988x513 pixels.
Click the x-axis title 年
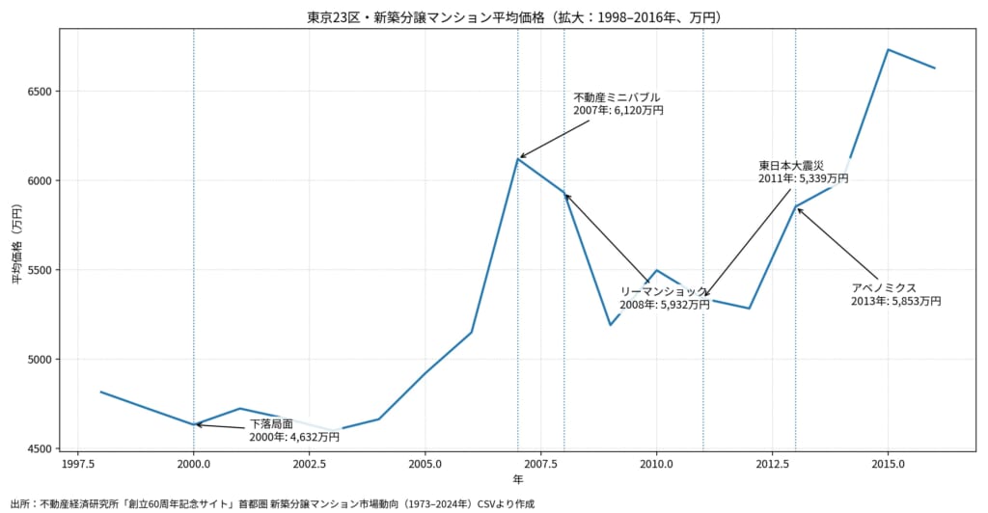[x=518, y=479]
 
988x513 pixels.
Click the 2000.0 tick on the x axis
[x=194, y=462]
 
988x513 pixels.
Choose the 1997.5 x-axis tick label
[x=78, y=462]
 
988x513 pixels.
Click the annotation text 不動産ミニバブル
[x=617, y=97]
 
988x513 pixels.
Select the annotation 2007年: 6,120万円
[x=618, y=111]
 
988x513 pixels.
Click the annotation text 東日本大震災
[x=791, y=165]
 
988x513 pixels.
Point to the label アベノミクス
[x=883, y=287]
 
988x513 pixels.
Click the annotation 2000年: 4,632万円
[x=294, y=437]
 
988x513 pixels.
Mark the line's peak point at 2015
[x=888, y=50]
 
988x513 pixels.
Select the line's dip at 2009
[x=610, y=325]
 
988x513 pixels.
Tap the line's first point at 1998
[x=101, y=391]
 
